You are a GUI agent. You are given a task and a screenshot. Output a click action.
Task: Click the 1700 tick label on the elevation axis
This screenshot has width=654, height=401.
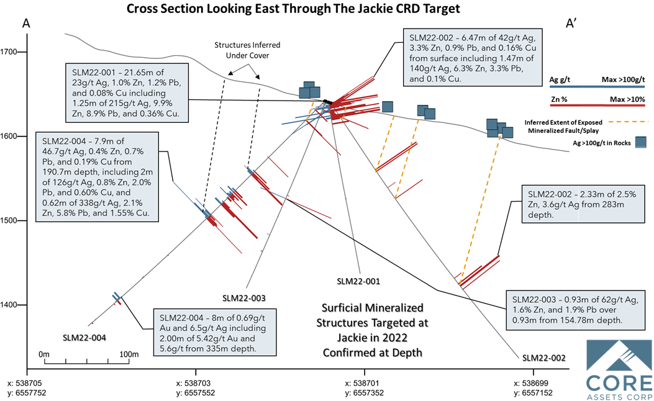pos(8,52)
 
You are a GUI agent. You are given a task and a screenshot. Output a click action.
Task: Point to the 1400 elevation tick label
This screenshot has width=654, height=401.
pos(8,305)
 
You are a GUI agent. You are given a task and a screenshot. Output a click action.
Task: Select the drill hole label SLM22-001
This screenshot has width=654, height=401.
pos(358,281)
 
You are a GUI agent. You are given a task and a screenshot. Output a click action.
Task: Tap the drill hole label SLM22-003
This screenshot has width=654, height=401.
pos(243,298)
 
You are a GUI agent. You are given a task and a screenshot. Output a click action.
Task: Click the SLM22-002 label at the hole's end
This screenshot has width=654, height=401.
pos(544,358)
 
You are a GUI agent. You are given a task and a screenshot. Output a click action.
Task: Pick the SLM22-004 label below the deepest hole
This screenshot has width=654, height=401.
pos(84,338)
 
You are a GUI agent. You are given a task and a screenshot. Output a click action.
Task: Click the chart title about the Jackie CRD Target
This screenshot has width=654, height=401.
pos(293,8)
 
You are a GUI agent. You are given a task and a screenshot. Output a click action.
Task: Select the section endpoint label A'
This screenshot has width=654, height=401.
pos(571,24)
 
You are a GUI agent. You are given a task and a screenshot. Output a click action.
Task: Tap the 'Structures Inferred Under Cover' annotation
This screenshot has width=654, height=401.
pos(247,50)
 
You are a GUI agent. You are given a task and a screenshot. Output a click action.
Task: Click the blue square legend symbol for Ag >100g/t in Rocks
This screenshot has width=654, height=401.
pos(641,142)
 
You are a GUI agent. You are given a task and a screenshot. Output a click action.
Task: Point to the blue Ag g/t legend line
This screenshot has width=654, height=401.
pos(597,87)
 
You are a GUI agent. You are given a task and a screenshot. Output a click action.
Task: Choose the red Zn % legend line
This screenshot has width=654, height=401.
pos(597,106)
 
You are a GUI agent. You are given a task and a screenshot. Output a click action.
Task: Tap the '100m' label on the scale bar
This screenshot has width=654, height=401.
pos(129,354)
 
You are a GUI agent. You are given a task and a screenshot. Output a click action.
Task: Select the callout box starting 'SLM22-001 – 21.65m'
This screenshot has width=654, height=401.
pos(127,93)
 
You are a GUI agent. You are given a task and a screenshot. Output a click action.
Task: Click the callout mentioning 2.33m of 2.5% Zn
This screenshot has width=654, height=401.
pos(583,205)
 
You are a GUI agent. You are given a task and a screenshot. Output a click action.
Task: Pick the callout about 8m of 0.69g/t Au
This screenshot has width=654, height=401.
pos(215,332)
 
